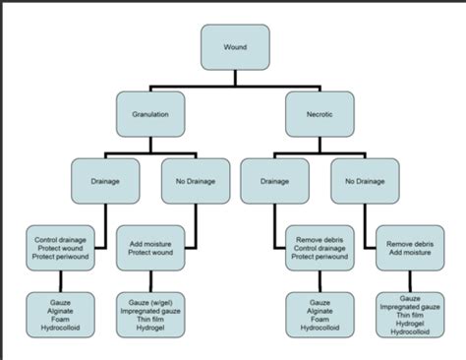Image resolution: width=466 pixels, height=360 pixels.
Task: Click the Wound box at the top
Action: [x=233, y=46]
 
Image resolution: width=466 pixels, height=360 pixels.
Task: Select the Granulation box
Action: [x=150, y=115]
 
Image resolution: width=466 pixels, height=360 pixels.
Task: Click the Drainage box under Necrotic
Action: [x=273, y=181]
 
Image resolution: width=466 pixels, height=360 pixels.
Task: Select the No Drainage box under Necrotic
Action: [x=364, y=181]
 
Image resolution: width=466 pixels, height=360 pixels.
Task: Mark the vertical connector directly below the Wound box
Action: [x=233, y=78]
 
